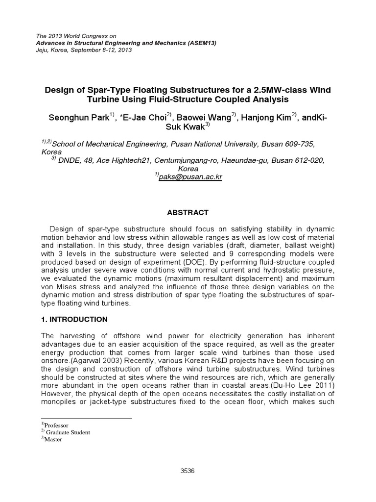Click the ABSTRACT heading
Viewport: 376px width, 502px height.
(188, 212)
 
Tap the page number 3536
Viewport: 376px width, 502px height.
(188, 471)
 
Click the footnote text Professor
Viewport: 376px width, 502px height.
(57, 425)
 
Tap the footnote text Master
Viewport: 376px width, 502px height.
(54, 439)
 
